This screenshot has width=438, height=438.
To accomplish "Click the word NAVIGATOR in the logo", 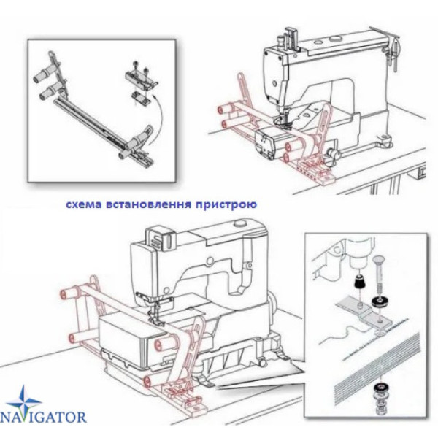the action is pos(43,417).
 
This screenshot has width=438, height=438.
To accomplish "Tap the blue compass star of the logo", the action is pos(24,401).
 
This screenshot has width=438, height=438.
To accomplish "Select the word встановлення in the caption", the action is pos(149,204).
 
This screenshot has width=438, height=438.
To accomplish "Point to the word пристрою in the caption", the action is pos(226,204).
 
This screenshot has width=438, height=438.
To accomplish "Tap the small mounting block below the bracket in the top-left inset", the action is pos(140,98).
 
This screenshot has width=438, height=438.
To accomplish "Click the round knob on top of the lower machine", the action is pos(239,224).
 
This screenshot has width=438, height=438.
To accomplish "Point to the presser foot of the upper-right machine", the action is pos(281,121).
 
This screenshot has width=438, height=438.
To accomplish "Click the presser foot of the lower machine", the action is pos(155,320).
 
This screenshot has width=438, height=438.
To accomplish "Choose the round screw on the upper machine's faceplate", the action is pos(274,83).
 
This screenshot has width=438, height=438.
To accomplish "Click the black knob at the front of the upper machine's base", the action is pos(334,153).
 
